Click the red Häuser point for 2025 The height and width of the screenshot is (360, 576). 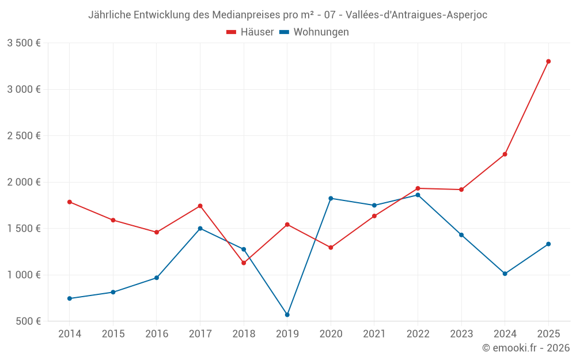click(548, 61)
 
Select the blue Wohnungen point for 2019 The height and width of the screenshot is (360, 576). click(287, 314)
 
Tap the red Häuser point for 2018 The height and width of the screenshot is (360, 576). click(244, 263)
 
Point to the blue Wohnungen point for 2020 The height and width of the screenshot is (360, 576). click(331, 198)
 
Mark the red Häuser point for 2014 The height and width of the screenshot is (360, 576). click(70, 202)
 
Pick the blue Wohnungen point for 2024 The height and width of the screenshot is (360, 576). click(505, 274)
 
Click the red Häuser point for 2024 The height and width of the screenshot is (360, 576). click(505, 154)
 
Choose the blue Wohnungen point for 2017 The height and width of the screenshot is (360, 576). click(200, 228)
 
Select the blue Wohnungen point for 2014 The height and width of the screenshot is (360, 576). click(70, 298)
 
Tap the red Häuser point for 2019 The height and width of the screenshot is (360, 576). click(287, 225)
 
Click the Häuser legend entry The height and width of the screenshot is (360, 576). click(251, 32)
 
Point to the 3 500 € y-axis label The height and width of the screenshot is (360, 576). click(24, 43)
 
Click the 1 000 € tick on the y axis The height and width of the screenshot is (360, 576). click(24, 275)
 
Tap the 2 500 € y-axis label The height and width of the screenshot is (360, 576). click(24, 136)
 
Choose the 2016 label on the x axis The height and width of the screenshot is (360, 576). click(157, 334)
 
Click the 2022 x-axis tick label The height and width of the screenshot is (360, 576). click(418, 334)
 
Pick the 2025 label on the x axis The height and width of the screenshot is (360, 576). click(548, 334)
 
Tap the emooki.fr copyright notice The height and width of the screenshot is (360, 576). click(526, 348)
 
